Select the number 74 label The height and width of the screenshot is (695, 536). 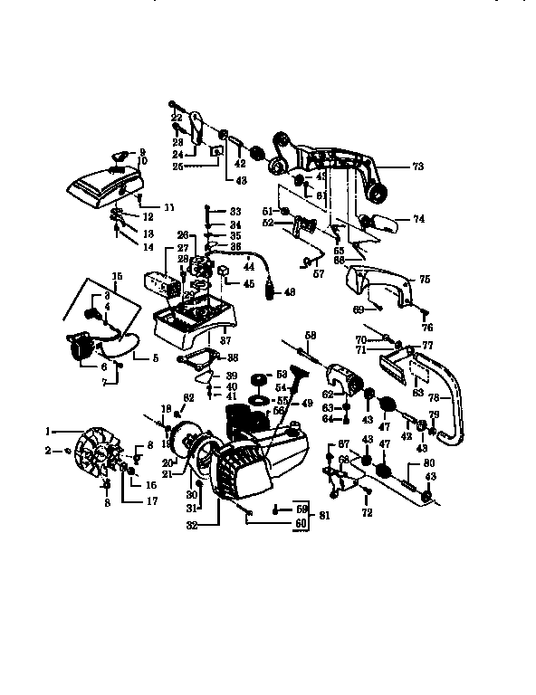(419, 219)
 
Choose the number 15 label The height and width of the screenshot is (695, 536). (116, 276)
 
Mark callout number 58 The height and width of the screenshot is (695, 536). (311, 336)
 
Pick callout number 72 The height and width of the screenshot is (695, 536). (368, 513)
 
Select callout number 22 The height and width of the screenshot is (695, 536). (177, 119)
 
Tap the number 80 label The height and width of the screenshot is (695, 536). (417, 466)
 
